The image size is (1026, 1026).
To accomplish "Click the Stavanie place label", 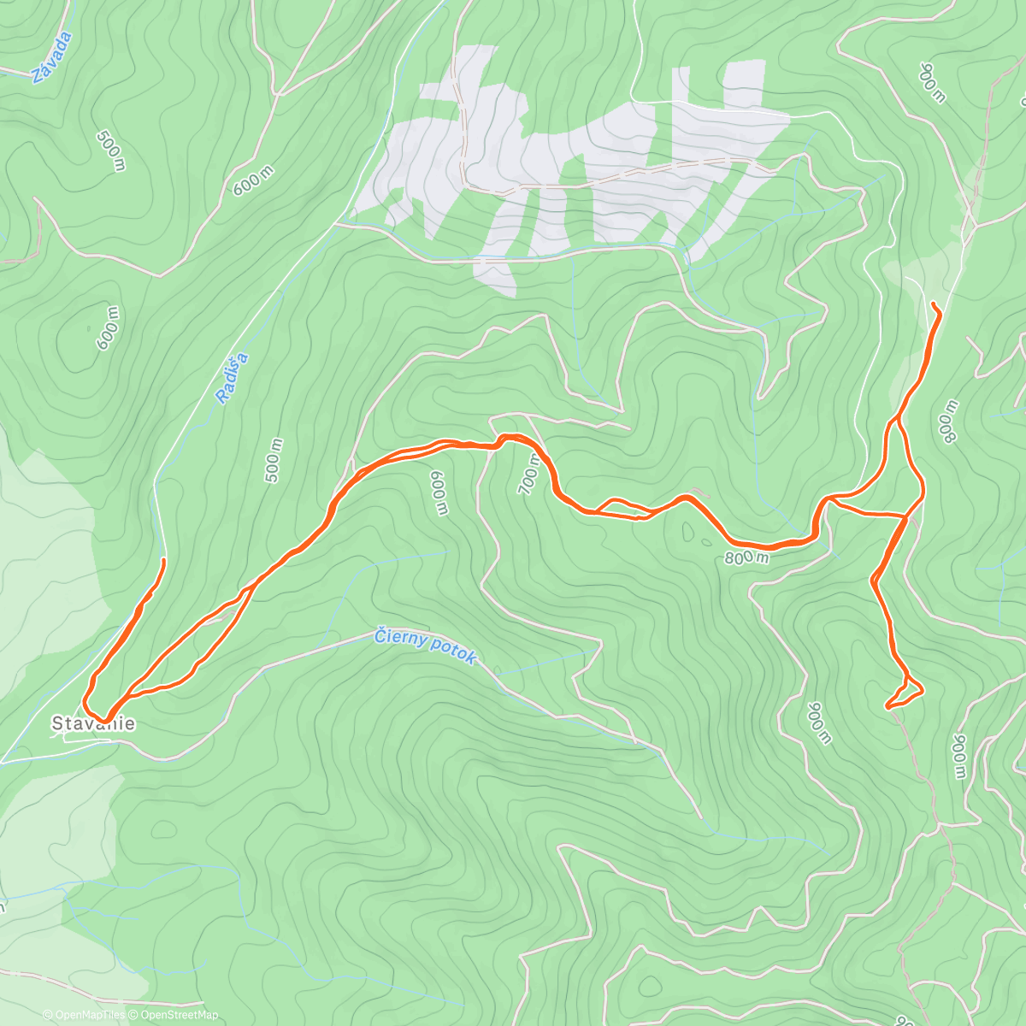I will [93, 724].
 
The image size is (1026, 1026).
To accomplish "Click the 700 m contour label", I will [529, 474].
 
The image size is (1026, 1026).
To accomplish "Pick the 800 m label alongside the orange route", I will [746, 558].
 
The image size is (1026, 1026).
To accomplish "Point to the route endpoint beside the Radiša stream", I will [162, 560].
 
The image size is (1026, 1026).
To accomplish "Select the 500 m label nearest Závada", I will [112, 150].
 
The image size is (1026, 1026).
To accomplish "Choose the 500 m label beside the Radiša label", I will [274, 460].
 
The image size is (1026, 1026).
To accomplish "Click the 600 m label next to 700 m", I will [439, 493].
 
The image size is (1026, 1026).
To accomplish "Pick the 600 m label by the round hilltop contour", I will [109, 327].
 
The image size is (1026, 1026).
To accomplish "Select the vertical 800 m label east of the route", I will [948, 422].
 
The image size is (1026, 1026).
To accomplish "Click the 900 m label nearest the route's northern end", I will [933, 82].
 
